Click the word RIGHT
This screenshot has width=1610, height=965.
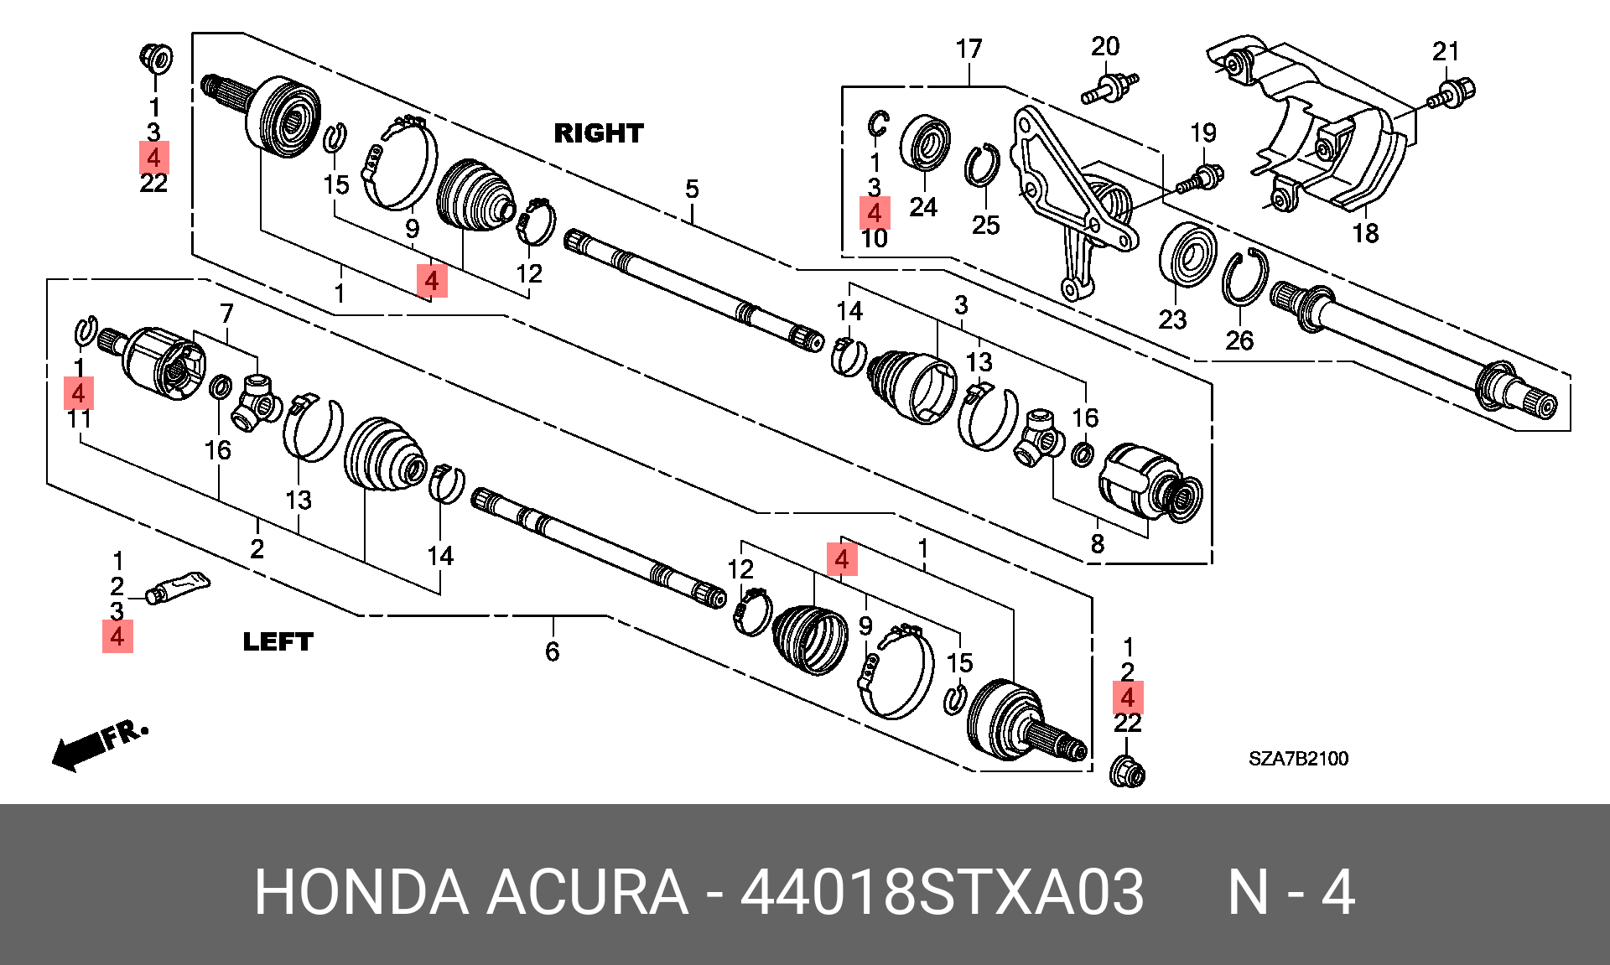point(599,133)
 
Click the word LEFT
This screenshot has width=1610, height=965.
point(278,642)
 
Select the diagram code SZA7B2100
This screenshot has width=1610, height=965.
point(1298,759)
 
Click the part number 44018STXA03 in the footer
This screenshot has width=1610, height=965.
point(942,891)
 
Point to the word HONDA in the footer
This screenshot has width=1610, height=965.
point(361,891)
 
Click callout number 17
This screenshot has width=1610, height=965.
point(969,49)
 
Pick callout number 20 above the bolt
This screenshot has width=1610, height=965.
point(1105,47)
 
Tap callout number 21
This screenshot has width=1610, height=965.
point(1446,52)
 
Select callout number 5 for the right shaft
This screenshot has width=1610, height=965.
point(692,189)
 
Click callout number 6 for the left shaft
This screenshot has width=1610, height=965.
point(552,651)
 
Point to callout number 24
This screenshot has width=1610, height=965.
point(923,207)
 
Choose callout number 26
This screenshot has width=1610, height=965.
point(1239,340)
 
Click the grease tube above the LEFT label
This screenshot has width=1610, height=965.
point(178,586)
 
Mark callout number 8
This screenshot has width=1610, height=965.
point(1098,544)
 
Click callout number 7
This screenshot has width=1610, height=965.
point(226,314)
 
